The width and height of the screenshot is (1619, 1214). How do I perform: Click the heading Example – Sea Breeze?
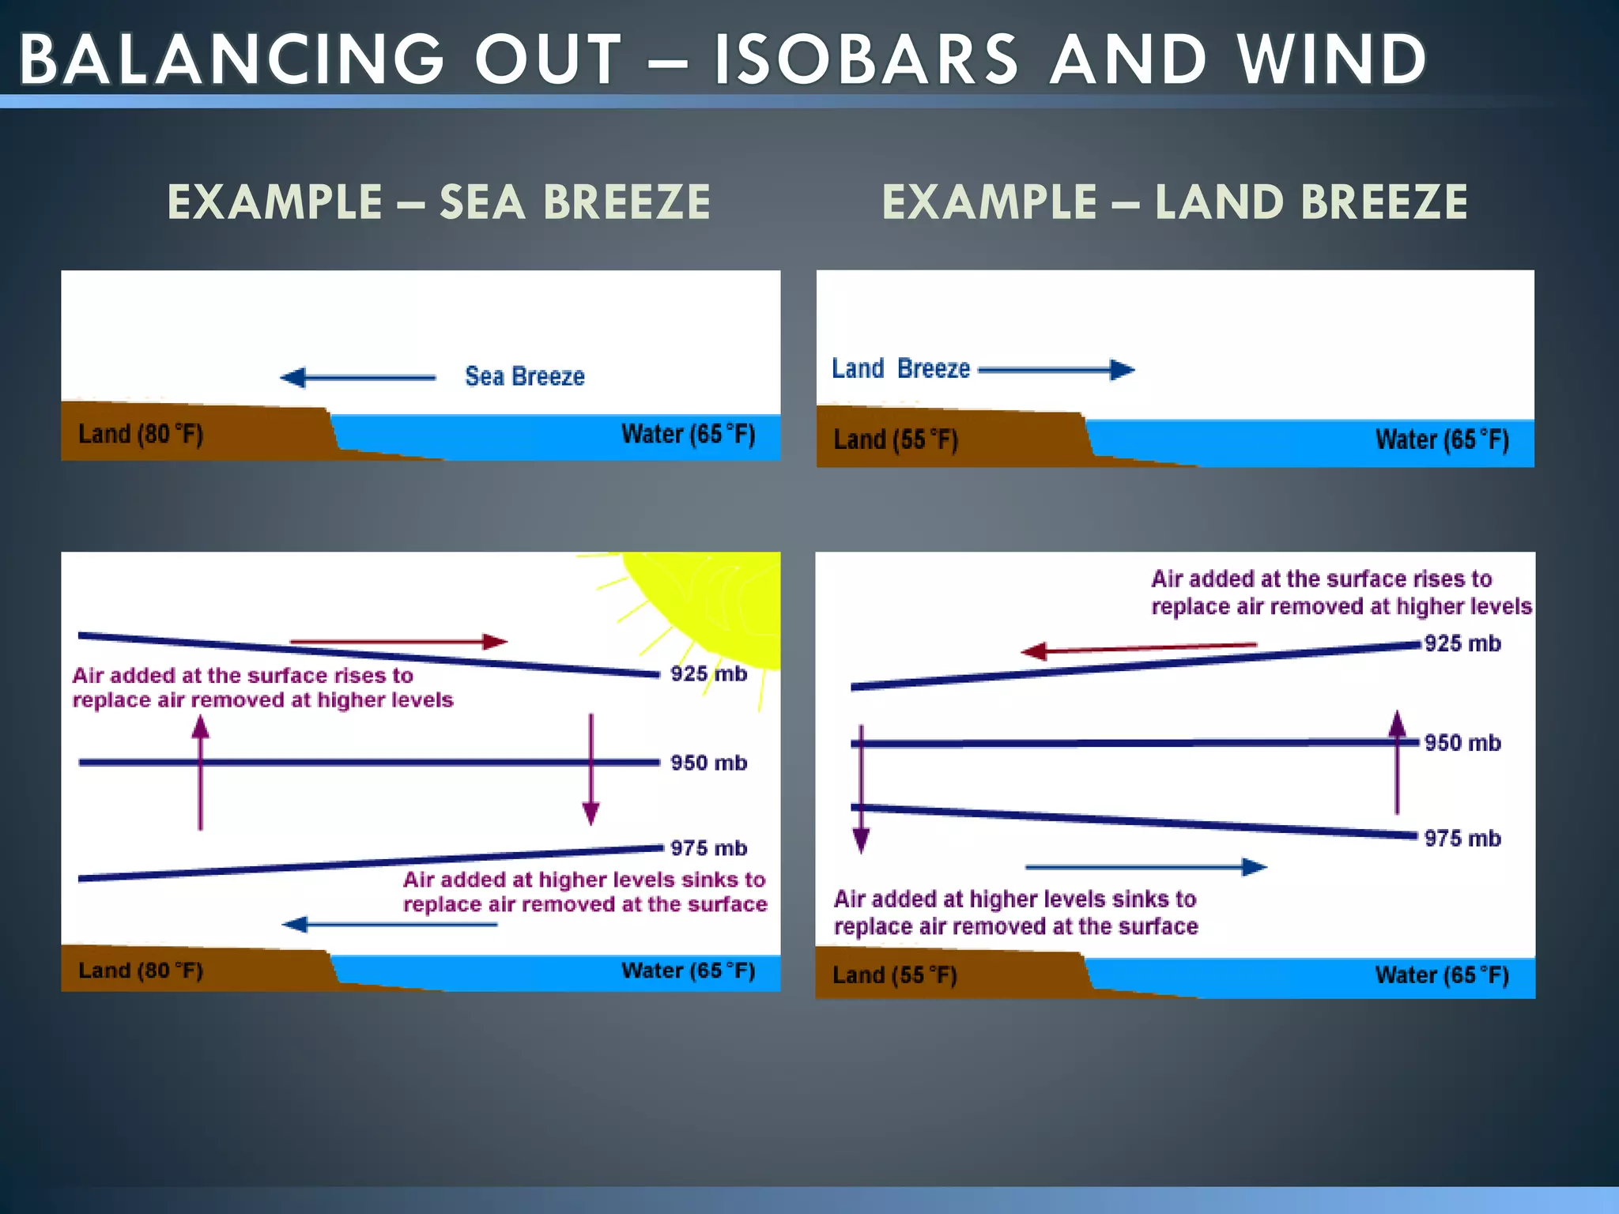click(x=439, y=202)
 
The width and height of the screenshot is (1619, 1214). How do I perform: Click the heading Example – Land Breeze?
click(x=1175, y=202)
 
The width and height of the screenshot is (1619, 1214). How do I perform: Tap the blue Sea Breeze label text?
click(x=525, y=376)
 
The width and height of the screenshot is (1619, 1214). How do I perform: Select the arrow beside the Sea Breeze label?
click(x=358, y=377)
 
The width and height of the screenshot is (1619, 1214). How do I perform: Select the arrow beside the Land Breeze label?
click(x=1056, y=369)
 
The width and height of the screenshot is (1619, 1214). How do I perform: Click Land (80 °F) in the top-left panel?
click(x=141, y=434)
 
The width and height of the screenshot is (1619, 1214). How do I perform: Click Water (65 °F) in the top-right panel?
click(x=1442, y=439)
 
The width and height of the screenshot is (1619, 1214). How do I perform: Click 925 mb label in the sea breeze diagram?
click(x=708, y=674)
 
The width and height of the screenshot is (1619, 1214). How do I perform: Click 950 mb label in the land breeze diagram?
click(x=1462, y=743)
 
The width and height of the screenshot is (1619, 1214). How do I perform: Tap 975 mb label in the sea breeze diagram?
click(x=708, y=848)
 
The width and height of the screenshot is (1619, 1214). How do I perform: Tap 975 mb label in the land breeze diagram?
click(x=1462, y=839)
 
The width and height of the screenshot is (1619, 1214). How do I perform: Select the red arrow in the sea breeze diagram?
click(x=398, y=641)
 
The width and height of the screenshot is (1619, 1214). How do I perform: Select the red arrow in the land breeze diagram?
click(x=1138, y=649)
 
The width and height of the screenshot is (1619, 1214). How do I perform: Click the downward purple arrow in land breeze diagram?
click(x=862, y=790)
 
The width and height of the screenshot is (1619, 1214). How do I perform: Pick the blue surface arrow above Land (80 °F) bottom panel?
click(x=390, y=924)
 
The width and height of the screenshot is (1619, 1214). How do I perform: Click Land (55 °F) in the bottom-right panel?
click(x=895, y=975)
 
